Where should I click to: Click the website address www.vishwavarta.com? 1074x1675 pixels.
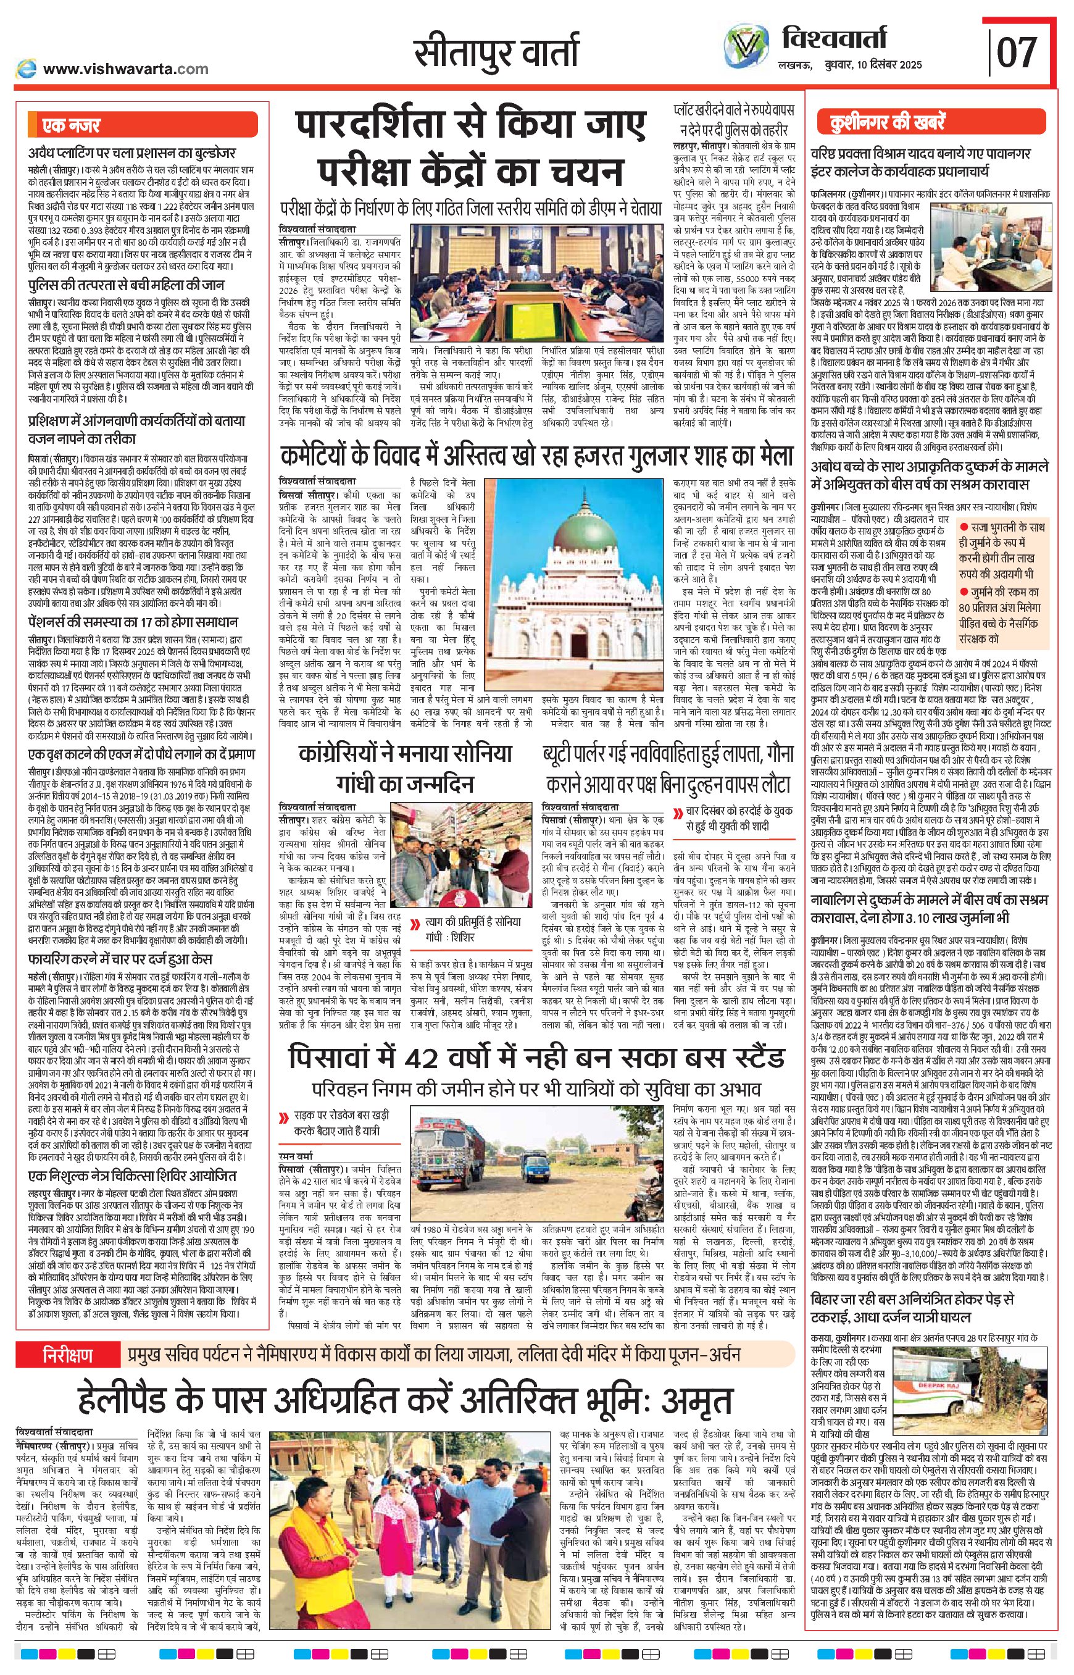coord(125,69)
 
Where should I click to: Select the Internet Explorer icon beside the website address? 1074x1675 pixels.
coord(27,69)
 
